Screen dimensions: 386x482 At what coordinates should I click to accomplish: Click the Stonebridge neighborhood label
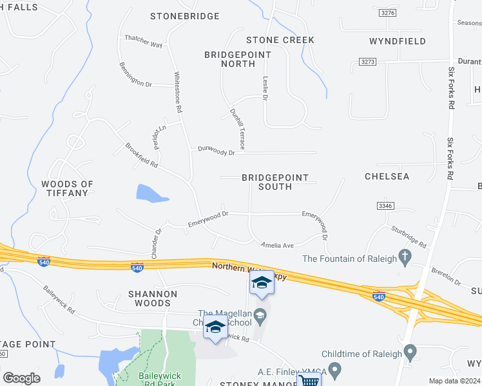pos(185,16)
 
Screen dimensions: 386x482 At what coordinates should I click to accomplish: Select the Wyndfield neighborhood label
pos(398,41)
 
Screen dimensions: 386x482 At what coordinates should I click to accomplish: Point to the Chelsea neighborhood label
pos(387,176)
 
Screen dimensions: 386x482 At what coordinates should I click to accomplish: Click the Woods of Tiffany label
pos(68,188)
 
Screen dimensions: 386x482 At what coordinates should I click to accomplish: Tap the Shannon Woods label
pos(153,298)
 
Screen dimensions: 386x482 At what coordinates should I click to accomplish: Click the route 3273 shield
pos(367,62)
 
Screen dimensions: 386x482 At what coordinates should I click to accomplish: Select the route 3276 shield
pos(387,12)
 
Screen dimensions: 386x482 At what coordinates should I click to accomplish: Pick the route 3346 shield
pos(385,206)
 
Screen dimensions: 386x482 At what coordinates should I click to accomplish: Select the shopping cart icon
pos(309,380)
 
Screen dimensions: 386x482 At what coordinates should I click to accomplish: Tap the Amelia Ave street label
pos(277,245)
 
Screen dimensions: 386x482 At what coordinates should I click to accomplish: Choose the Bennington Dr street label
pos(135,75)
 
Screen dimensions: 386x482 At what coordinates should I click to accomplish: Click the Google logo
pos(21,378)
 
